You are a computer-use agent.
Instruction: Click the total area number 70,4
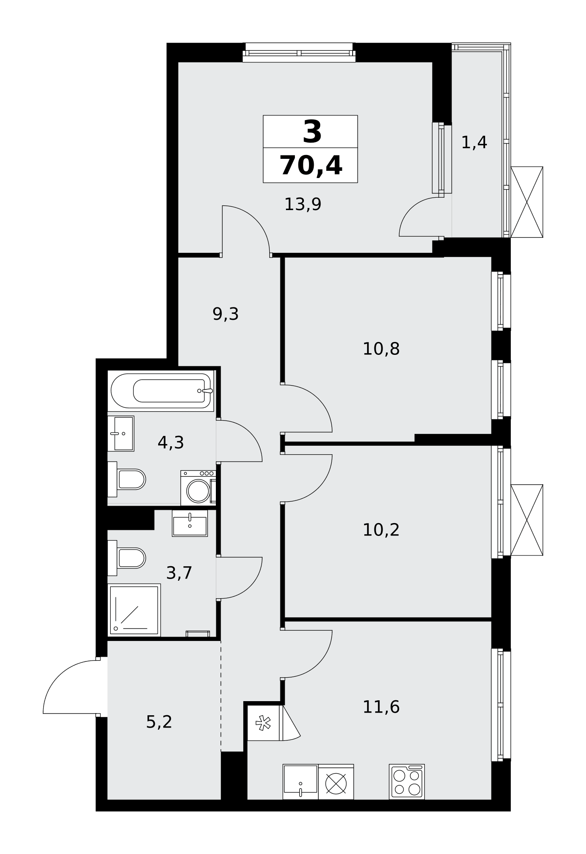(x=311, y=166)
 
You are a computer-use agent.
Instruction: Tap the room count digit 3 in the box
(x=312, y=132)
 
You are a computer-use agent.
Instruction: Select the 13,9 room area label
(x=303, y=205)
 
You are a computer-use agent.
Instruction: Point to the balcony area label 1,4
(x=474, y=143)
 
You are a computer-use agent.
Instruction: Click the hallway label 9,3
(x=225, y=314)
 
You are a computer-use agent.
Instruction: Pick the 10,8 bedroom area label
(x=381, y=349)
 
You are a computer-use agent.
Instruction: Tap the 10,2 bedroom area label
(x=381, y=530)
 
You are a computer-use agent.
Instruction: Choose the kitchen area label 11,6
(x=381, y=707)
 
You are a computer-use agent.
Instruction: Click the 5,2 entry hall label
(x=159, y=722)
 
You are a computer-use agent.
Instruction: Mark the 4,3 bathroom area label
(x=171, y=443)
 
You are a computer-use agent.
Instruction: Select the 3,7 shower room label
(x=179, y=573)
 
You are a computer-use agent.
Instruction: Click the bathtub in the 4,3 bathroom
(x=161, y=391)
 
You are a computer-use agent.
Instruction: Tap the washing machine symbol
(x=198, y=488)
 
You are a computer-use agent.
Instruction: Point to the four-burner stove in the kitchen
(x=407, y=781)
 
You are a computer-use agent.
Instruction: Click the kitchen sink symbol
(x=300, y=781)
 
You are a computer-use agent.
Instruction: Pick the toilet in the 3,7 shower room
(x=127, y=558)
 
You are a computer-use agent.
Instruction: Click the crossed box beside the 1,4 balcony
(x=527, y=202)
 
